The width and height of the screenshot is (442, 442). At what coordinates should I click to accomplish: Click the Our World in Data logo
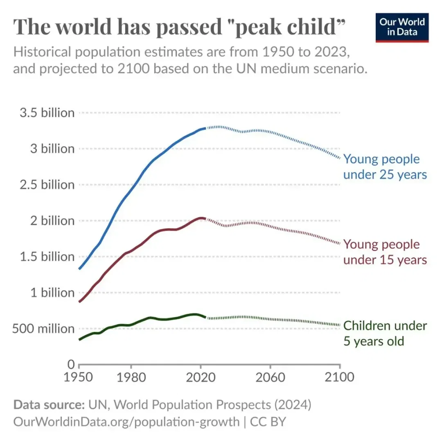point(402,27)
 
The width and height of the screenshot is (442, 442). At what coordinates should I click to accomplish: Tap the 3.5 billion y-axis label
point(47,113)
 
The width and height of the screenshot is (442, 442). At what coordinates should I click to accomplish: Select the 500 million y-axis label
point(44,329)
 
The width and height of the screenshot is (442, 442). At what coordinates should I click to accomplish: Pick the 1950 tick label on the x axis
point(79,377)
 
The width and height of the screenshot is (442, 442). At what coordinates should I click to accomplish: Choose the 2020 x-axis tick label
point(201,377)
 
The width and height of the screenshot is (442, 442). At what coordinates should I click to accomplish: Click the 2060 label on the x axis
point(270,377)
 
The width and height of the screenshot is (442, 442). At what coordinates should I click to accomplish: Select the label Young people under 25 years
point(385,167)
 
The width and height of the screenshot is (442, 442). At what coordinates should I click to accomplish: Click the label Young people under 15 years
point(385,252)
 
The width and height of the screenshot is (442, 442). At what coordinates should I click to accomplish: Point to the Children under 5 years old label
point(385,333)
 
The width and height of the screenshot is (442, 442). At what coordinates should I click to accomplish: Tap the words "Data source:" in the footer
point(49,405)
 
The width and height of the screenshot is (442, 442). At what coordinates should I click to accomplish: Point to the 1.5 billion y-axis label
point(47,257)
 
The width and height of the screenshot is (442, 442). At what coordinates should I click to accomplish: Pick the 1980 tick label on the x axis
point(131,377)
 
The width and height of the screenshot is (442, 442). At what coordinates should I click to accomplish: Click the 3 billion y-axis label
point(52,149)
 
